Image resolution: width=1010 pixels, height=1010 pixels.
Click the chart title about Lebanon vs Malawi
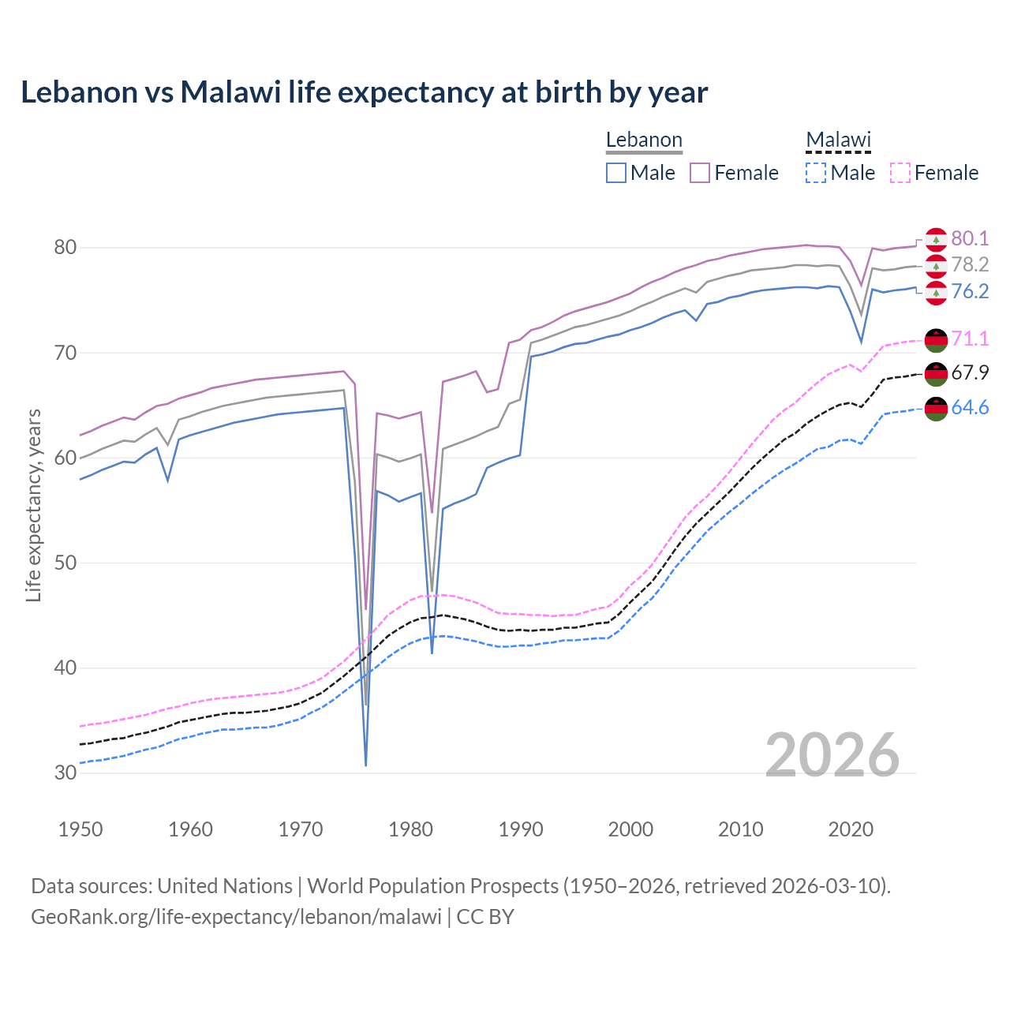click(x=364, y=92)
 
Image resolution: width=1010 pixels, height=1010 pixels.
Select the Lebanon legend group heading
click(x=644, y=140)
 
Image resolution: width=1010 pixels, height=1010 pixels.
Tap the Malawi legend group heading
click(x=838, y=140)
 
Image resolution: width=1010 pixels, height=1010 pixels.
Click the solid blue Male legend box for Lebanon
click(x=616, y=173)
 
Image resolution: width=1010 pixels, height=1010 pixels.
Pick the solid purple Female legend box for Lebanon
click(x=701, y=173)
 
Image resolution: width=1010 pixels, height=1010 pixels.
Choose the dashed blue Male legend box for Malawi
click(x=816, y=173)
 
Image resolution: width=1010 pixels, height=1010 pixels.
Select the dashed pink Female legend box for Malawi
click(x=900, y=173)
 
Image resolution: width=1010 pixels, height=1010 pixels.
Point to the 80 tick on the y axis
click(x=65, y=248)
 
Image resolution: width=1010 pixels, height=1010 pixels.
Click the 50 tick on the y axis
click(x=65, y=563)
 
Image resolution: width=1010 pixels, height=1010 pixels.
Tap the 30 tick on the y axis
click(x=65, y=772)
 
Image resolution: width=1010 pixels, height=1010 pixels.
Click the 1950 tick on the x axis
click(x=81, y=829)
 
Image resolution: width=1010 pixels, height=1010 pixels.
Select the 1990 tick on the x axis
click(x=521, y=829)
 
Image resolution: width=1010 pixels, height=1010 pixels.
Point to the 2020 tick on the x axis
click(x=851, y=829)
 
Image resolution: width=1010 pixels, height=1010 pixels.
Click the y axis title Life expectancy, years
click(x=34, y=505)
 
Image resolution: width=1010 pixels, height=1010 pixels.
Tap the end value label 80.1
click(x=970, y=238)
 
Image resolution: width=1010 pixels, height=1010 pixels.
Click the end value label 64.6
click(x=970, y=407)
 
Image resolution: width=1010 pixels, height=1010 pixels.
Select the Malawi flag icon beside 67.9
click(x=936, y=373)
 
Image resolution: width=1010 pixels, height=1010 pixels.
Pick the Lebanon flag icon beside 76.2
click(x=936, y=293)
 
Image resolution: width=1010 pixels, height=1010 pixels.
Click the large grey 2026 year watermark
click(x=832, y=755)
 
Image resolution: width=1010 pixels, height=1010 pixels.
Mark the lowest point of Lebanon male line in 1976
click(x=366, y=765)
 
